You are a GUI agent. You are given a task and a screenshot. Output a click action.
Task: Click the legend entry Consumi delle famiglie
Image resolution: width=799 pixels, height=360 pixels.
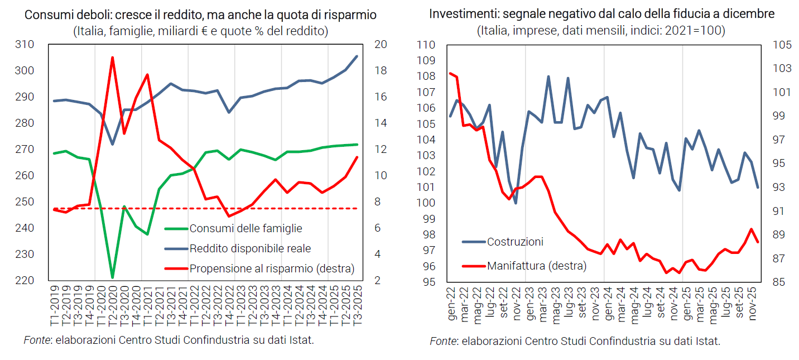(246, 228)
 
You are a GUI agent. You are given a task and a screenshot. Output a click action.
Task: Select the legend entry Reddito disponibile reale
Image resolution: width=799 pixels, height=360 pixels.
(250, 248)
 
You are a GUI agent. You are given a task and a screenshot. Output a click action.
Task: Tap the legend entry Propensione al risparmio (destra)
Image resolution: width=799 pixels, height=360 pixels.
(272, 268)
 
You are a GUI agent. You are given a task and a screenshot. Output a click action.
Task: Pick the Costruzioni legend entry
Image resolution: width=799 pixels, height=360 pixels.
(515, 242)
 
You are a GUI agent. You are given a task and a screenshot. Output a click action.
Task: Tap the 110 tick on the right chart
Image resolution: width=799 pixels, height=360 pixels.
(425, 45)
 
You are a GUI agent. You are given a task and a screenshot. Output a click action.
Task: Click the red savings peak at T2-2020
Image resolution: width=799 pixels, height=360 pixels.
(113, 57)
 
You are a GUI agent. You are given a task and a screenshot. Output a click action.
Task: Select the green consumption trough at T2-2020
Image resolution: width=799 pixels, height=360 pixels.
(113, 277)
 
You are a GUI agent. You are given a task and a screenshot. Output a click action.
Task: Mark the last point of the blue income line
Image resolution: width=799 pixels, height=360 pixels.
(357, 56)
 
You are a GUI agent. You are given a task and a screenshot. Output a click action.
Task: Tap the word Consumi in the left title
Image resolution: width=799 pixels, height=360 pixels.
(44, 15)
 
